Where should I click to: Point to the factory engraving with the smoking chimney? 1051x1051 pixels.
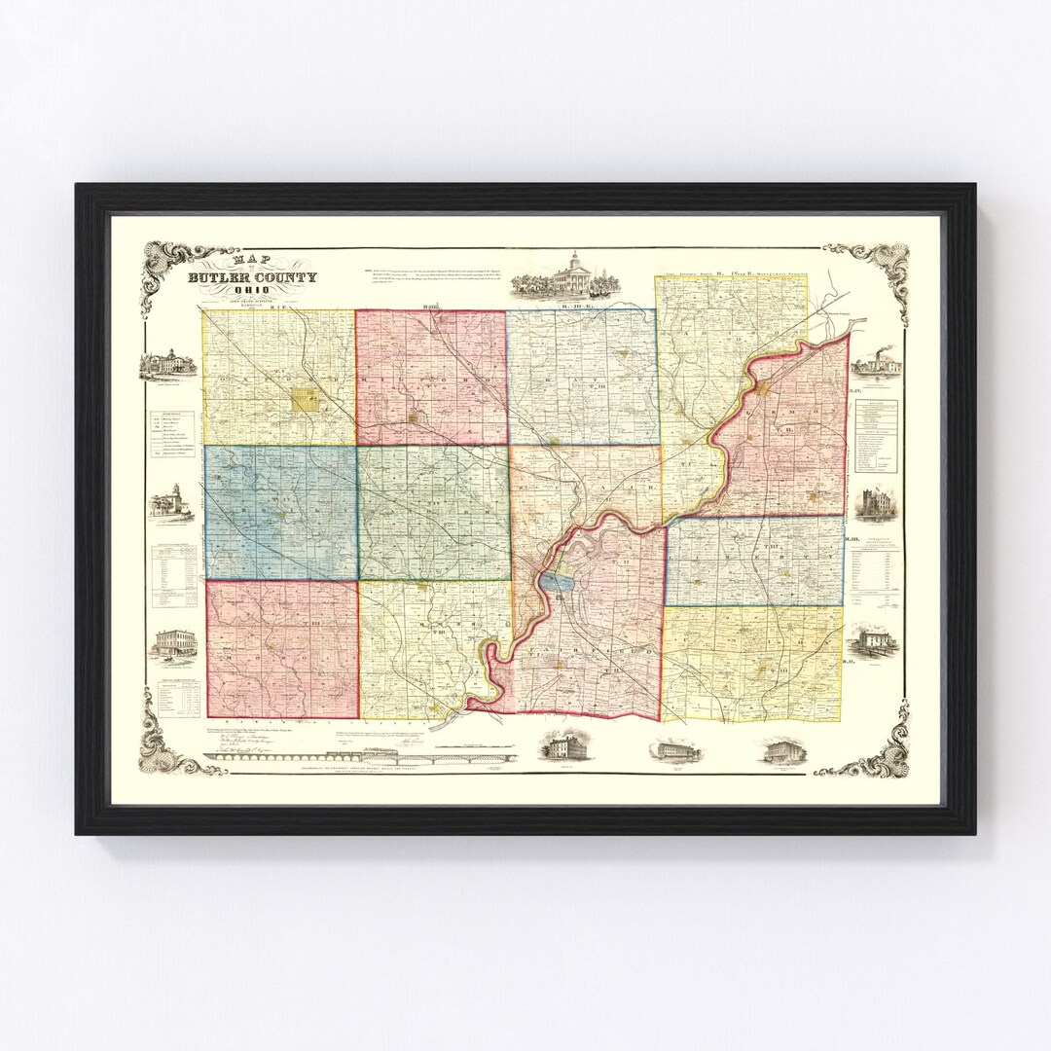[x=876, y=364]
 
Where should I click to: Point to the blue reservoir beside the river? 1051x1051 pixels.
[x=558, y=582]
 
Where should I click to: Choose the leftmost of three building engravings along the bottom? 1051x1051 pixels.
[x=562, y=747]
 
